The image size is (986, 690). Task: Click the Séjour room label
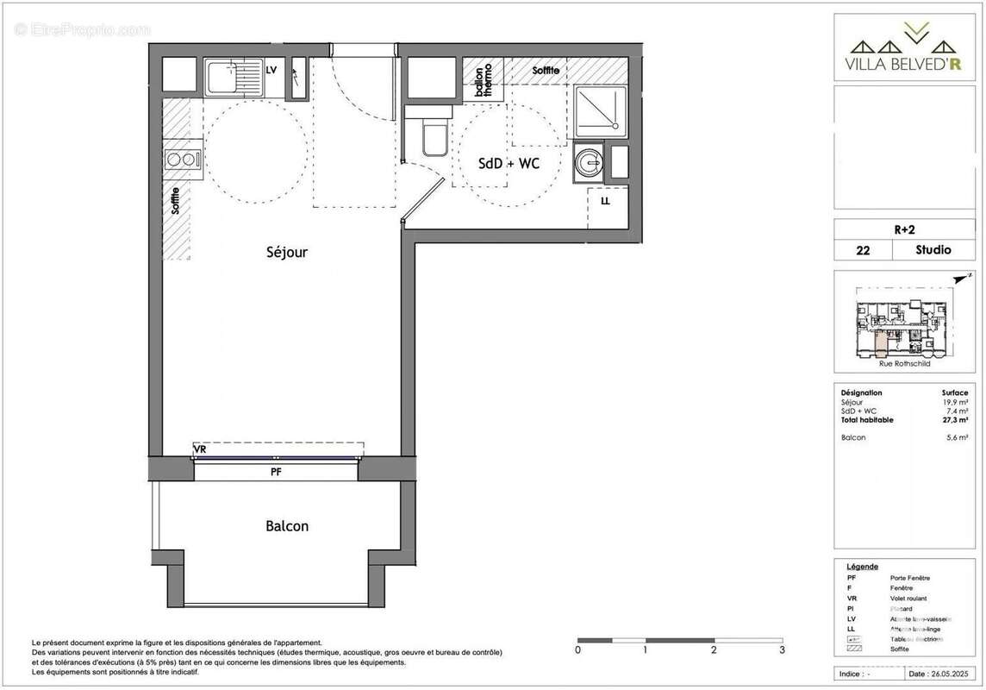tap(286, 253)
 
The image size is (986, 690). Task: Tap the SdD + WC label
tap(509, 164)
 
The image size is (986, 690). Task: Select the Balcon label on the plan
tap(287, 525)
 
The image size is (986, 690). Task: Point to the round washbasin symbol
tap(590, 161)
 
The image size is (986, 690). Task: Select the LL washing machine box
tap(606, 201)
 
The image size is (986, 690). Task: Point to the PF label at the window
tap(276, 472)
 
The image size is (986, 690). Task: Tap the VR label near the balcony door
tap(200, 449)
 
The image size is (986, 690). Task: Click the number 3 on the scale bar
tap(781, 649)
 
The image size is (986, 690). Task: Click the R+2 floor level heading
tap(904, 229)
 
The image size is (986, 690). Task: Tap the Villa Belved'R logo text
tap(904, 63)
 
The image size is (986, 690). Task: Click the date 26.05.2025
tap(939, 674)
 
